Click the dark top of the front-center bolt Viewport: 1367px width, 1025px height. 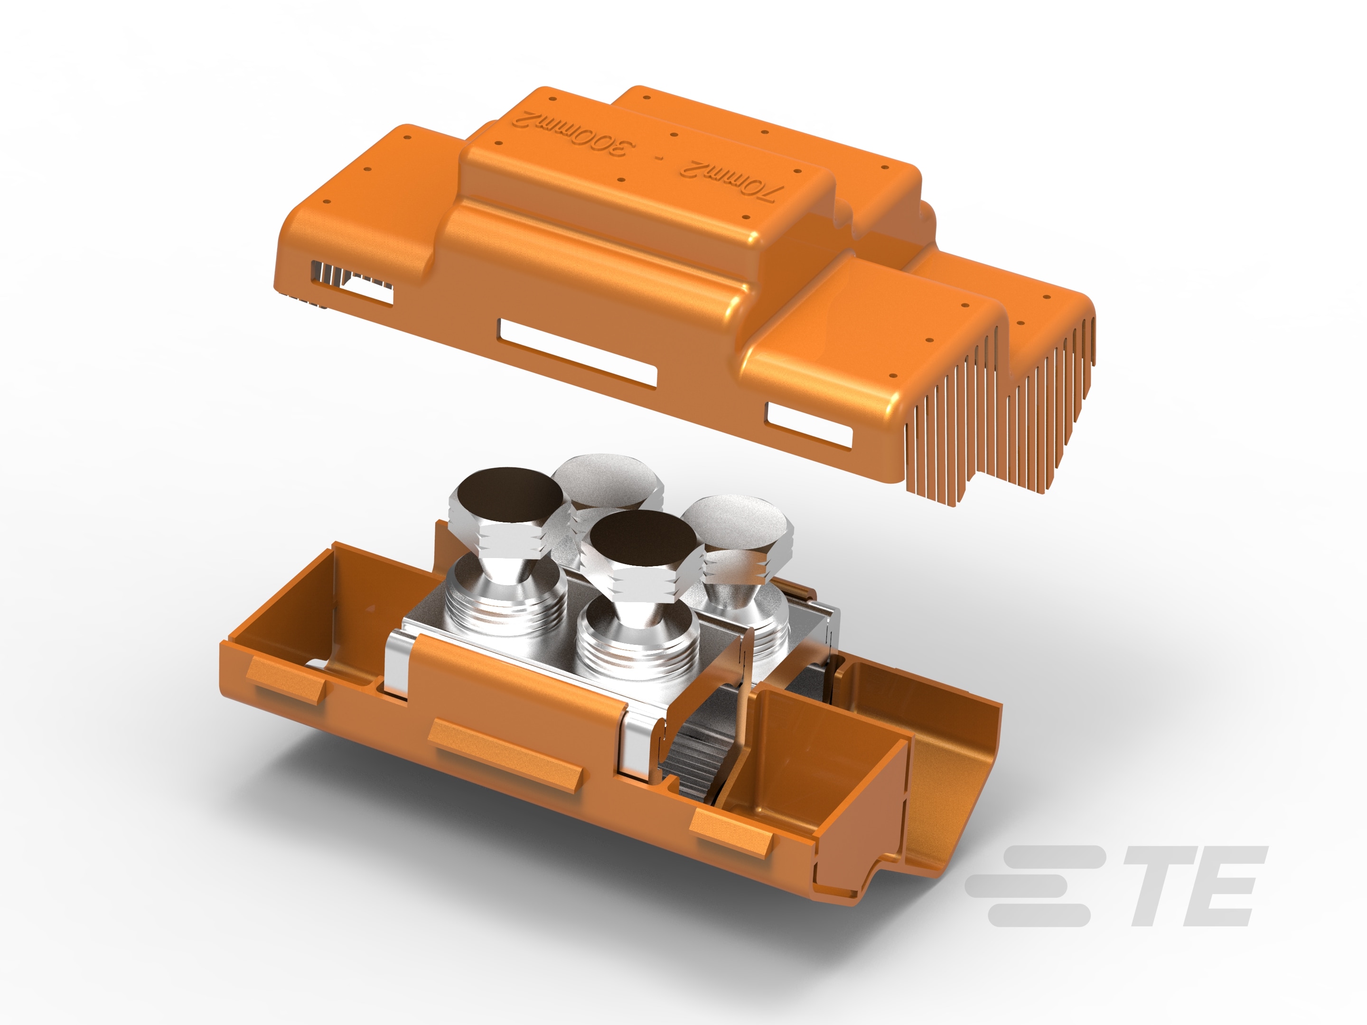642,539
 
